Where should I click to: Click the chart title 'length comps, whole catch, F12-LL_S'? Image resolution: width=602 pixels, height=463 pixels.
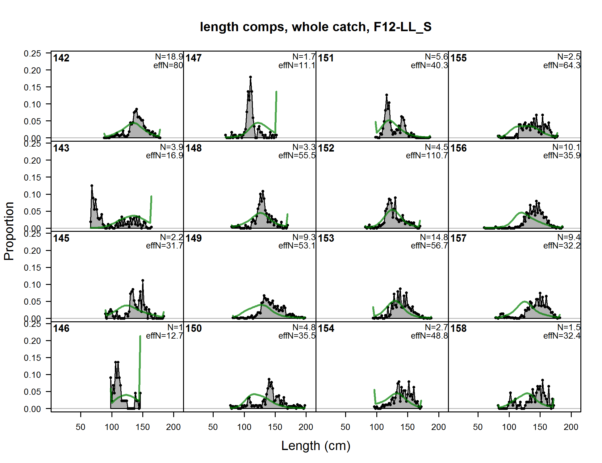pyautogui.click(x=316, y=27)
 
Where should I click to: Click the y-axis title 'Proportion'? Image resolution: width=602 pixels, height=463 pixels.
pyautogui.click(x=9, y=231)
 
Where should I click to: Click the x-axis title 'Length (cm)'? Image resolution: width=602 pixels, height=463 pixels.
pyautogui.click(x=316, y=446)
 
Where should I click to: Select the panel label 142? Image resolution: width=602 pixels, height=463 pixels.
pyautogui.click(x=61, y=58)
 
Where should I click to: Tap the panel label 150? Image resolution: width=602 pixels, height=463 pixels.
pyautogui.click(x=194, y=328)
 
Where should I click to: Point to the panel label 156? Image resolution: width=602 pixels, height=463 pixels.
pyautogui.click(x=458, y=148)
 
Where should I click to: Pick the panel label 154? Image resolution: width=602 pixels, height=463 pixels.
pyautogui.click(x=326, y=328)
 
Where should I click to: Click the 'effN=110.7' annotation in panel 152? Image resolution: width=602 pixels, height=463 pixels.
pyautogui.click(x=427, y=156)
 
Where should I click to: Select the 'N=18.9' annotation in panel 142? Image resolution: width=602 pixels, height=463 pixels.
pyautogui.click(x=169, y=57)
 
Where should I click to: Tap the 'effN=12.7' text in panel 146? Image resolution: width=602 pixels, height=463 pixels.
pyautogui.click(x=164, y=336)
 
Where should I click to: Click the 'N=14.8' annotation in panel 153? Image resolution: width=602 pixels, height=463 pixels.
pyautogui.click(x=434, y=237)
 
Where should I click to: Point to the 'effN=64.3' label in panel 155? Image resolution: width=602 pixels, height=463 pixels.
pyautogui.click(x=562, y=65)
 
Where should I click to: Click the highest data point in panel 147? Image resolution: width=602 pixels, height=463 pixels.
pyautogui.click(x=250, y=77)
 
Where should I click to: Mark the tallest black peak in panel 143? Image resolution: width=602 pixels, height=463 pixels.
pyautogui.click(x=92, y=186)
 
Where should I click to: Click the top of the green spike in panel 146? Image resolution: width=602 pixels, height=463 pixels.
pyautogui.click(x=140, y=336)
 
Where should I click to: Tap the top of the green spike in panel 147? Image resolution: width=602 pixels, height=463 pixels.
pyautogui.click(x=276, y=92)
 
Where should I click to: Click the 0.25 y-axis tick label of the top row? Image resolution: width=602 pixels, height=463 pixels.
pyautogui.click(x=32, y=53)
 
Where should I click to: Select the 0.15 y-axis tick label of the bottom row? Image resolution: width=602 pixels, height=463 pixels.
pyautogui.click(x=32, y=358)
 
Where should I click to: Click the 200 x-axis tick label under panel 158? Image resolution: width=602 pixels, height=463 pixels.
pyautogui.click(x=571, y=427)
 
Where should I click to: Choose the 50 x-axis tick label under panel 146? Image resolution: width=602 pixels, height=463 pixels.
pyautogui.click(x=81, y=427)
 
